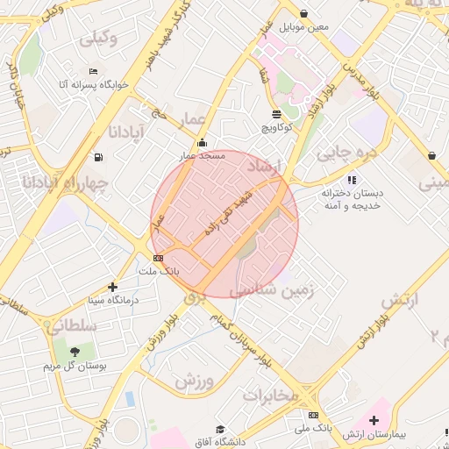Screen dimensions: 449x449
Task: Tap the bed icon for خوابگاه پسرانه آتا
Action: pos(94,71)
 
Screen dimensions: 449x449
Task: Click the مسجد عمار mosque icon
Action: pos(203,143)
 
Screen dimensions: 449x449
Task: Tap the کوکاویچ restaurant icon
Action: pos(277,114)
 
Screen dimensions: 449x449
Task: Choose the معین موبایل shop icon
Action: pos(303,13)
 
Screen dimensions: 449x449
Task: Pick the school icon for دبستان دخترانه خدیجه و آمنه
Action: pos(352,180)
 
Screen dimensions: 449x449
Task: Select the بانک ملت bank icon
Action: pos(158,258)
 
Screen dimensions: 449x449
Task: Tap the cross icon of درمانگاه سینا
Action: pos(112,286)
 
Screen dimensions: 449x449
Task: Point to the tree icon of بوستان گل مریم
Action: pos(75,351)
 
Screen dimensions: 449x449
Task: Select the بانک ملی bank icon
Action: pos(314,415)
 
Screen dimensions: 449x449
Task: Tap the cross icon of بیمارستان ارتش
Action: pos(374,420)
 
